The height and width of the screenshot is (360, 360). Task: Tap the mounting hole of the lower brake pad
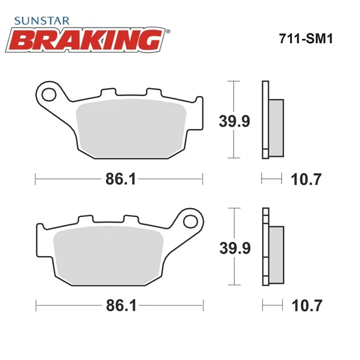point(193,221)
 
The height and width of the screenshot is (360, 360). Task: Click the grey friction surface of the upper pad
point(133,128)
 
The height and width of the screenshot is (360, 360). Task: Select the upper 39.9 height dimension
point(234,121)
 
